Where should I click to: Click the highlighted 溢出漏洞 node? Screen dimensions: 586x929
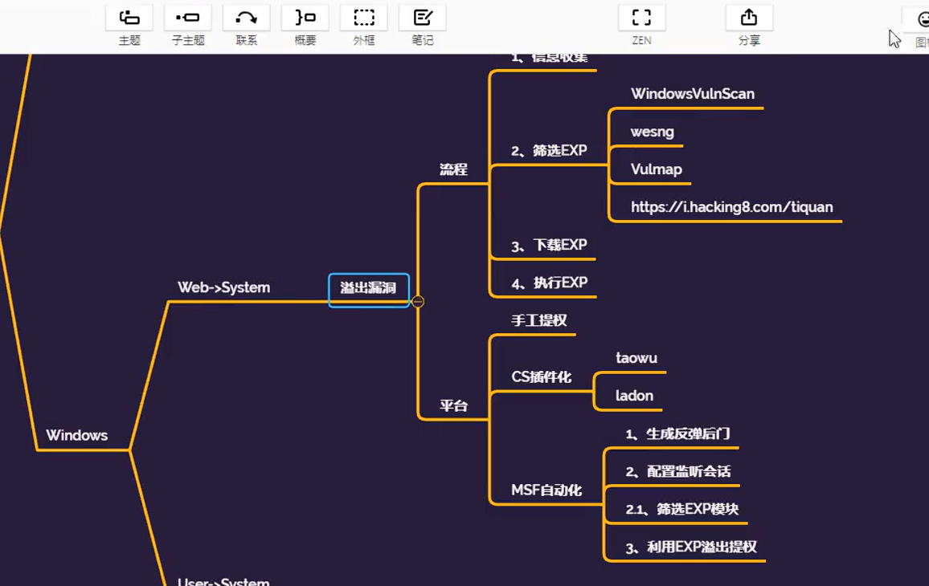pos(369,289)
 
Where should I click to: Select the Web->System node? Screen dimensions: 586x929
pos(223,287)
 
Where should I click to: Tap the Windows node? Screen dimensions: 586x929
pos(76,435)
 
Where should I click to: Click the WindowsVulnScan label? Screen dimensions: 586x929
pos(692,94)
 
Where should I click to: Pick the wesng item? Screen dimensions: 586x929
pos(652,132)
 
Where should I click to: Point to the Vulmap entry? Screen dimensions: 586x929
pos(656,169)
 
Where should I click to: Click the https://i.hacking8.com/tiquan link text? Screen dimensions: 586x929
pos(731,207)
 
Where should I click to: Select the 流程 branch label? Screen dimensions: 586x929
pos(453,169)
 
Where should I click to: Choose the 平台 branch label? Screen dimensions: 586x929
pos(453,405)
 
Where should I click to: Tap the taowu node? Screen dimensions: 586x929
pos(636,358)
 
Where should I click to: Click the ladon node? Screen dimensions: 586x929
pos(634,396)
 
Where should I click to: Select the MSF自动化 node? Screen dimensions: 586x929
pos(546,490)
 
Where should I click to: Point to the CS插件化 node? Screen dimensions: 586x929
pos(541,376)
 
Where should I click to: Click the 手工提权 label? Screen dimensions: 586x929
pos(538,320)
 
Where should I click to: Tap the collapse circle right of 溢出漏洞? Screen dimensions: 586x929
pos(418,302)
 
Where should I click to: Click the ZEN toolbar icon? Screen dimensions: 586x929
pos(641,18)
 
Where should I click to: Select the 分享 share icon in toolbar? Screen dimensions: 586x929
pos(749,18)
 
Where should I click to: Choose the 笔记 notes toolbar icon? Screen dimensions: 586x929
pos(423,18)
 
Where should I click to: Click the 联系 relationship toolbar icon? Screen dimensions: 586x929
pos(247,18)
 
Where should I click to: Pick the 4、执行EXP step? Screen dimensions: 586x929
pos(549,283)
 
